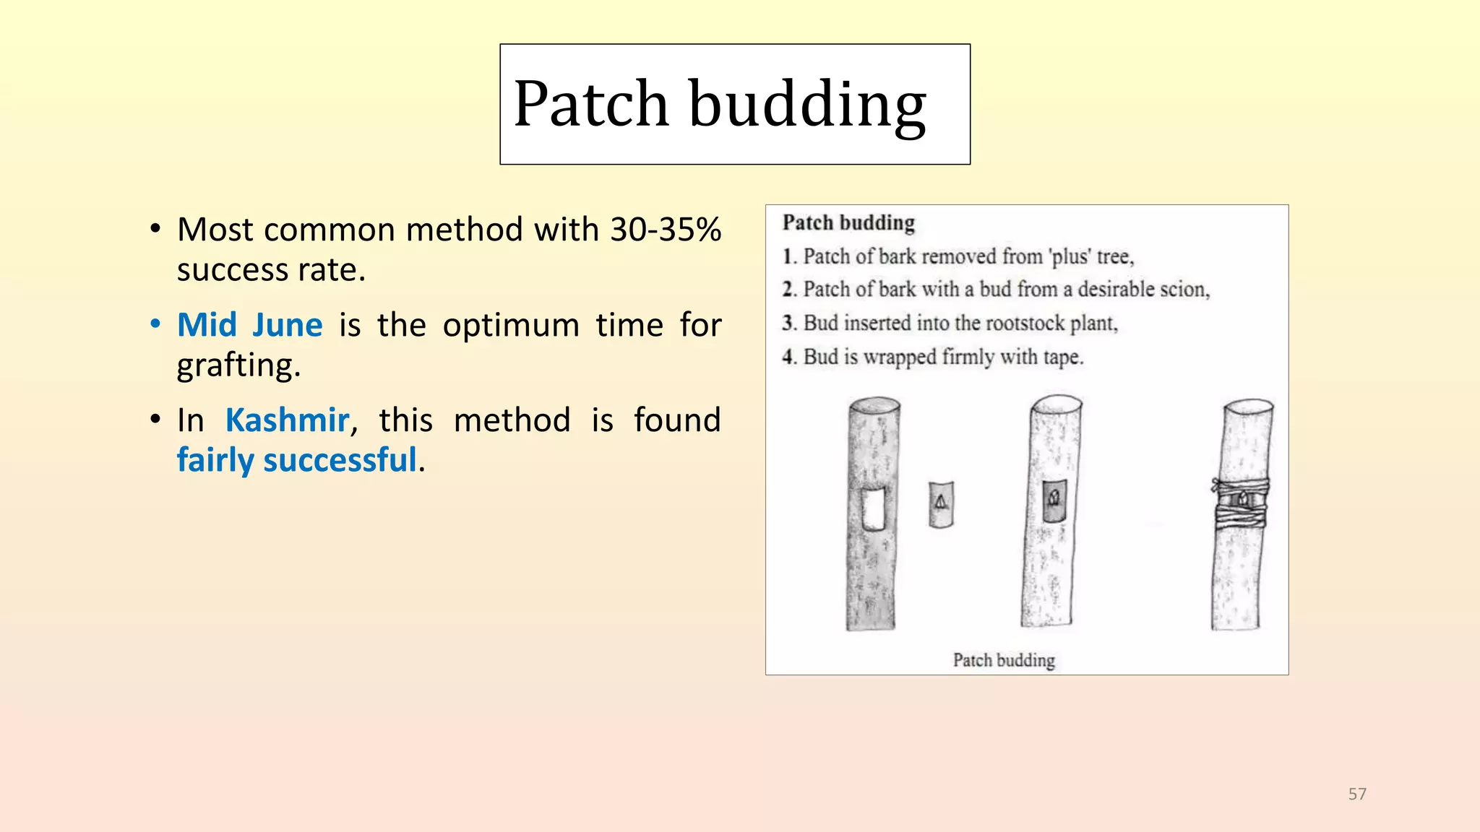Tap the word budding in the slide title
click(807, 106)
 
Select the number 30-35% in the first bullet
click(666, 230)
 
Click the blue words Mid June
click(250, 325)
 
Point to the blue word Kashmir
click(288, 420)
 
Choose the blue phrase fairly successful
click(297, 460)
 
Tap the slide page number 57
click(1357, 794)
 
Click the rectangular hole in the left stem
click(874, 509)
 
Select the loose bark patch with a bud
click(941, 503)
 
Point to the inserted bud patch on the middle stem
click(1054, 500)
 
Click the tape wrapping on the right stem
click(1240, 503)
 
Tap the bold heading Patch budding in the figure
click(848, 223)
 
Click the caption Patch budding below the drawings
click(1004, 660)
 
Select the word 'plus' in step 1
click(1069, 257)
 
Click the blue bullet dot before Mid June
click(155, 324)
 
